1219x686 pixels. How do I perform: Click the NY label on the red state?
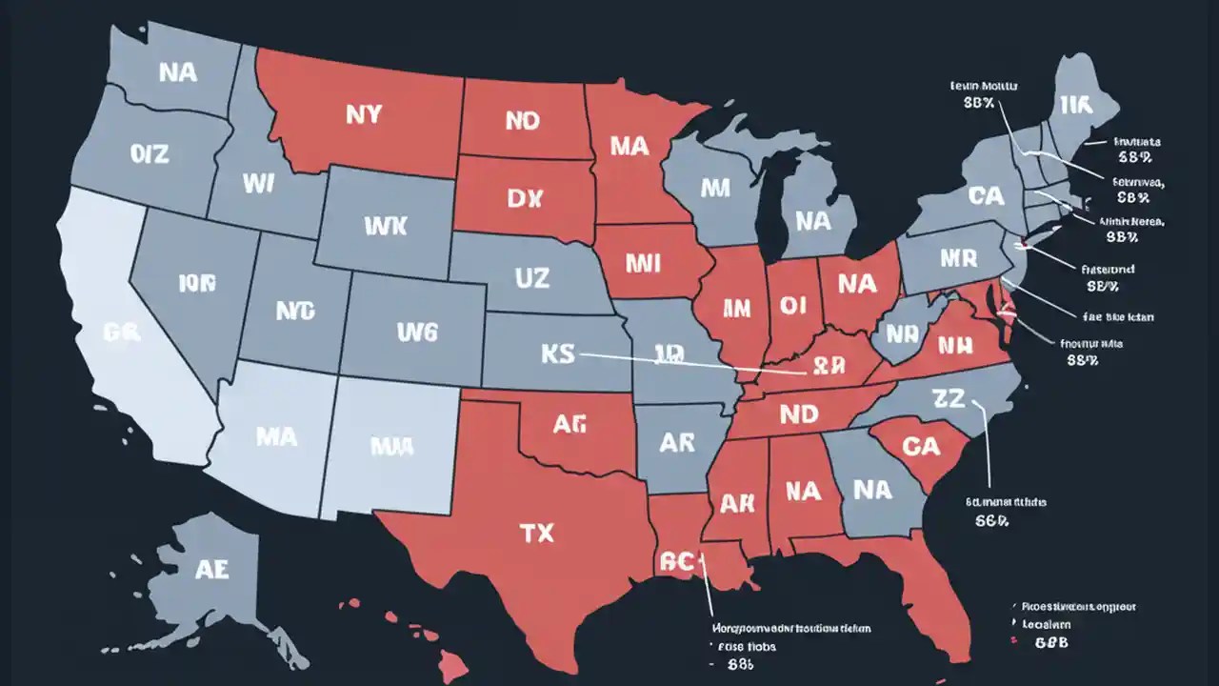[363, 115]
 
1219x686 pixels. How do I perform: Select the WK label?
[385, 226]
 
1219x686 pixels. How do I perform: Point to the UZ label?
[531, 278]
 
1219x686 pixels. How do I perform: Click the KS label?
[559, 353]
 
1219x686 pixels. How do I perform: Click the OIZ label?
[150, 152]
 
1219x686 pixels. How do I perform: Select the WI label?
[257, 184]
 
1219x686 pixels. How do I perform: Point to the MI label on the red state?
[646, 261]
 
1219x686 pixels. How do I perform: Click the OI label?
[793, 304]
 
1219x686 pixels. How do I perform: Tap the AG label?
[569, 426]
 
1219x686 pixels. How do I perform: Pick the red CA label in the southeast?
[920, 446]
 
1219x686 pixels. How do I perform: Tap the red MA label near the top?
[629, 146]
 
